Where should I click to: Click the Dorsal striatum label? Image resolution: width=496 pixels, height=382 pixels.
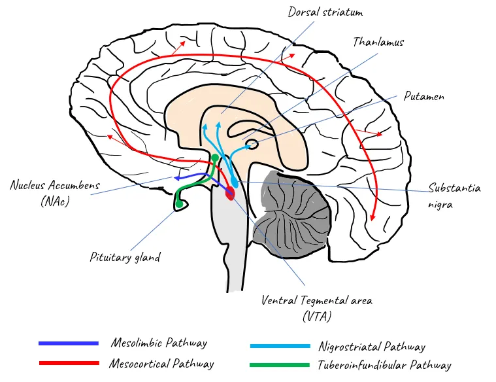coord(325,12)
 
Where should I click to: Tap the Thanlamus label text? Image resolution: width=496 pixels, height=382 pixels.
coord(378,42)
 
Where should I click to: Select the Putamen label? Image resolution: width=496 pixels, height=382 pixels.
coord(423,96)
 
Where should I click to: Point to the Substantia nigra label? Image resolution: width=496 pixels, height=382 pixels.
coord(454,196)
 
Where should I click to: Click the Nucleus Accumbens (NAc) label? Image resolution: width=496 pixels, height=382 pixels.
coord(55,193)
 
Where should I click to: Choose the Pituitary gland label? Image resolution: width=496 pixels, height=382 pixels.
coord(125,257)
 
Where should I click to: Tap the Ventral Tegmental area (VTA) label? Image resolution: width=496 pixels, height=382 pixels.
coord(317,308)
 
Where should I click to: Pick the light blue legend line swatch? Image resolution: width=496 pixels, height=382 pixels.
coord(280,346)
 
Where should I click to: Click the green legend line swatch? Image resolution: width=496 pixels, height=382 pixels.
coord(280,365)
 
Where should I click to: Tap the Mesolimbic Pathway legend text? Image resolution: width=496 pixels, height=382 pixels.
coord(159,343)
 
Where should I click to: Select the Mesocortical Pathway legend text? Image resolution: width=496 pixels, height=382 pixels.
coord(162,363)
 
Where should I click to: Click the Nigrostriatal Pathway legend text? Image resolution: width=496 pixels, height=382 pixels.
coord(371,347)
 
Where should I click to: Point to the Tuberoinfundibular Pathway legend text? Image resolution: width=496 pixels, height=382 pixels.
coord(384,366)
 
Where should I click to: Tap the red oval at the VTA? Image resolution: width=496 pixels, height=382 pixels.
coord(229,193)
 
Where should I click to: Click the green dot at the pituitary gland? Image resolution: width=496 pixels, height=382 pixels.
coord(178,205)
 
